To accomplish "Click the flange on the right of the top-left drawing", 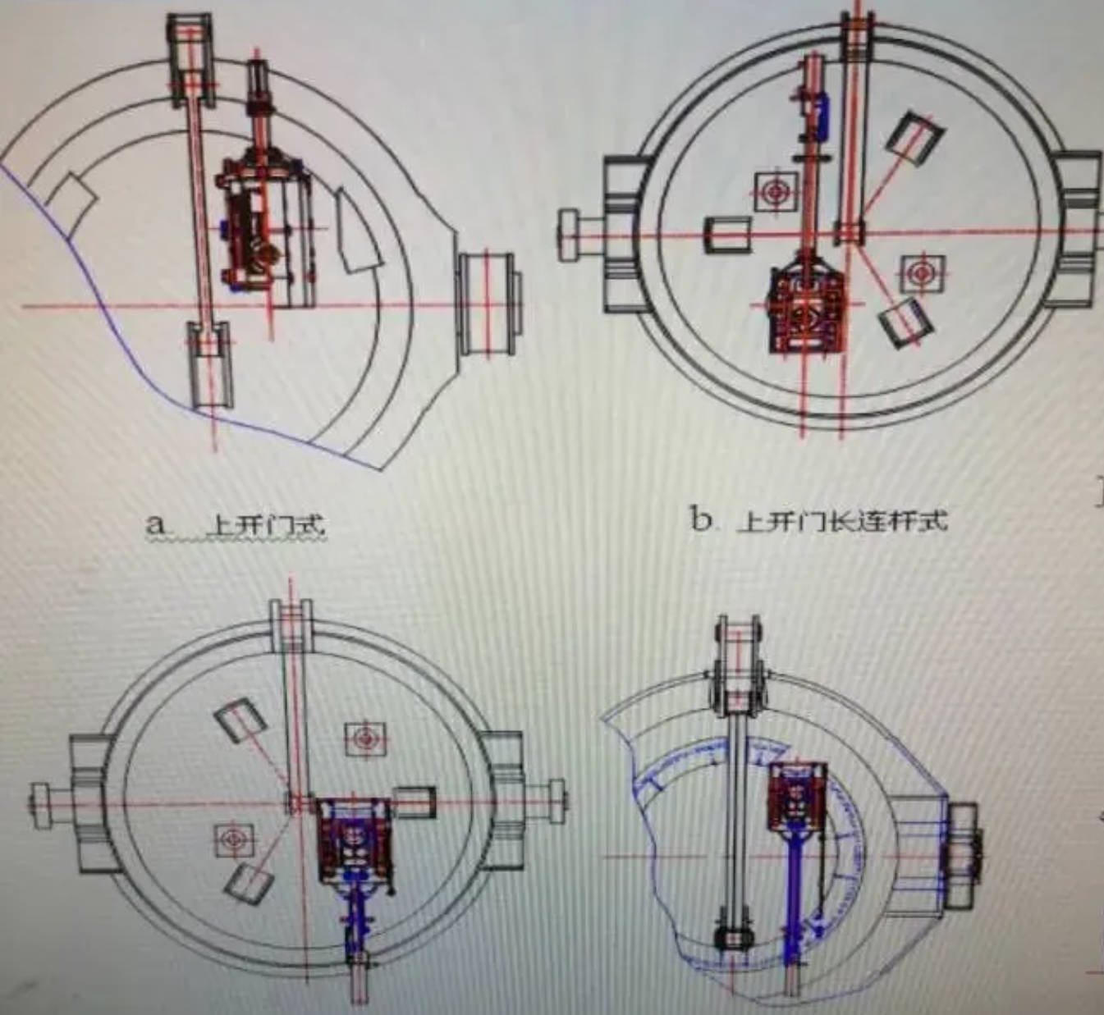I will point(487,304).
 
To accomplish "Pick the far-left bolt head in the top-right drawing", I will point(570,235).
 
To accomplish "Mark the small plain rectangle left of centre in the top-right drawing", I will point(728,234).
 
